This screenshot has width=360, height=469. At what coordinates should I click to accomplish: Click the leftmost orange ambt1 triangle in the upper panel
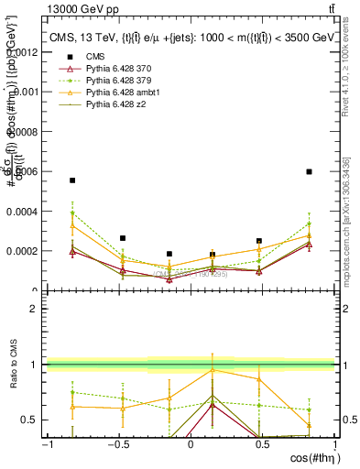point(72,225)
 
